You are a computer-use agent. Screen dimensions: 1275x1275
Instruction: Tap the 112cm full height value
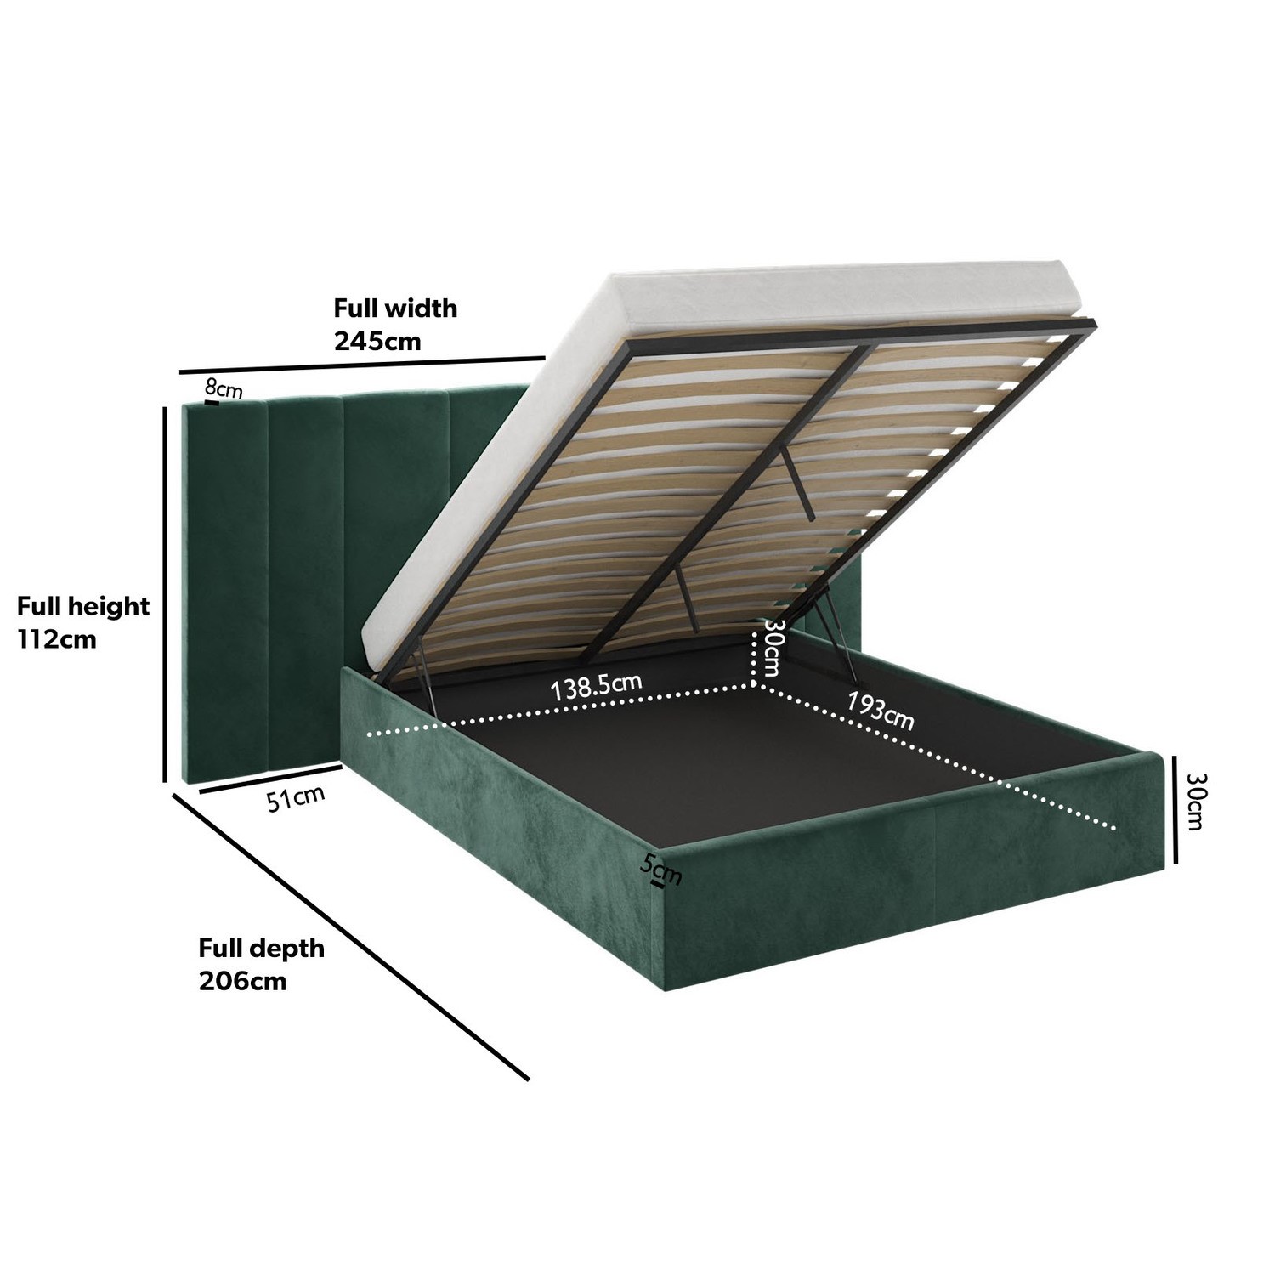pos(57,639)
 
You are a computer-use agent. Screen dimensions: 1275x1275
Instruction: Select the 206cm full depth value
pos(243,981)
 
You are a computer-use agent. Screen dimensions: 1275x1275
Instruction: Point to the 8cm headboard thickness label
pos(224,390)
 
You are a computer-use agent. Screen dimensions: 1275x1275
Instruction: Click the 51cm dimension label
pos(296,798)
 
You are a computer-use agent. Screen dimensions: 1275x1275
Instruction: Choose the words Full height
pos(83,606)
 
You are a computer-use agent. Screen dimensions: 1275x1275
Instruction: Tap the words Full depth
pos(262,948)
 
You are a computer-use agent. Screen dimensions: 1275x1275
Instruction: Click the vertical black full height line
pos(165,594)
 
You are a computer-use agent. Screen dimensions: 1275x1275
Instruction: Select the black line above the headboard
pos(362,365)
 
